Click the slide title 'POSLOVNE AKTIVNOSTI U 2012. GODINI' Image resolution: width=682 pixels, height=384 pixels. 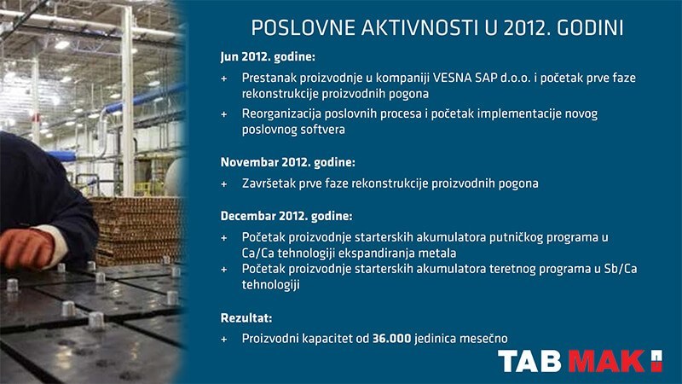coord(437,28)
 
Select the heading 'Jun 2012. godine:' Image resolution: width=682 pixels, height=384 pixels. coord(268,57)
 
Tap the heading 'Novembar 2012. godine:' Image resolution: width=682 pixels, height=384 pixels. coord(287,162)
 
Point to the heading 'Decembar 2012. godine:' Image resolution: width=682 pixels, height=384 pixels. coord(286,216)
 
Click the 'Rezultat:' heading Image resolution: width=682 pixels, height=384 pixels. coord(246,317)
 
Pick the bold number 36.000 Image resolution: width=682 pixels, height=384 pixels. coord(391,338)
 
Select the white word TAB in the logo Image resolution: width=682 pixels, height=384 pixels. coord(529,361)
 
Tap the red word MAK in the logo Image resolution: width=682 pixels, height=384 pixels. coord(606,361)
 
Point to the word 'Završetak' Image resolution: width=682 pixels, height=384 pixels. coord(269,183)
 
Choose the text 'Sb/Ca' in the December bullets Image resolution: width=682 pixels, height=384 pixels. coord(621,269)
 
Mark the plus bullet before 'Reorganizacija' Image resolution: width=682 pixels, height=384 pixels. coord(224,114)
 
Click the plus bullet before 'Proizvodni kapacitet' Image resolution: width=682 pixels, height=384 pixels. coord(224,339)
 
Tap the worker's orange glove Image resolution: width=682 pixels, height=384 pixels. coord(27,247)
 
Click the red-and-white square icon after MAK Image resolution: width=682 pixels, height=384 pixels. coord(656,361)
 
